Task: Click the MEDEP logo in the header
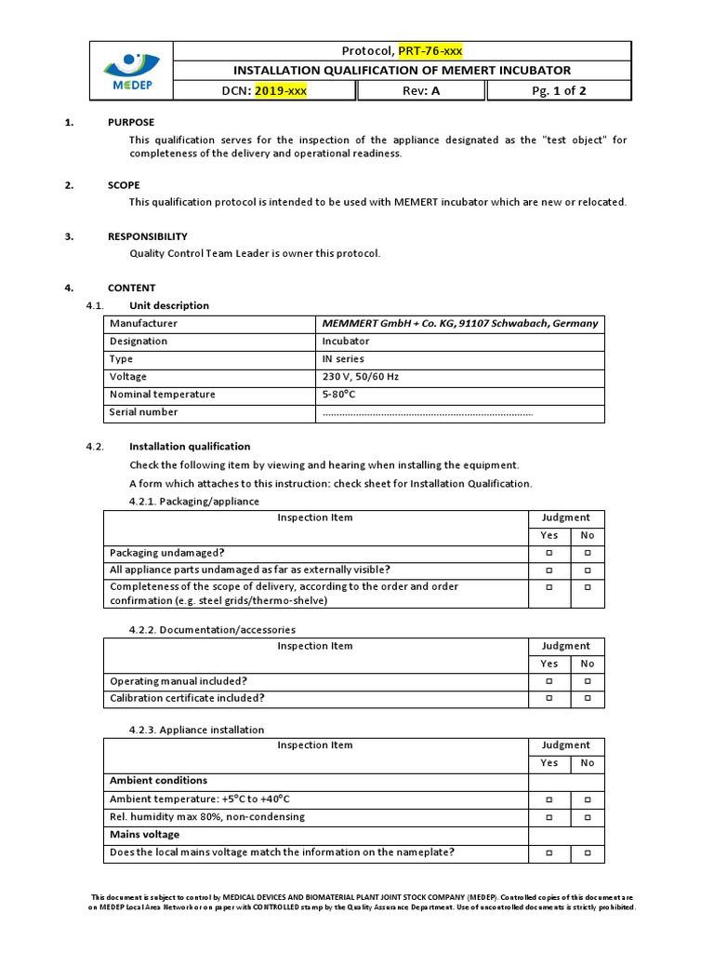131,71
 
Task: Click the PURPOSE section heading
131,123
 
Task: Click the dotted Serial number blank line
428,412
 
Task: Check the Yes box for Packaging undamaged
549,553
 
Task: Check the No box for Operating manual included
588,681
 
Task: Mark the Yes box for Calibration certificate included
549,698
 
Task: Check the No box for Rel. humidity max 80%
588,817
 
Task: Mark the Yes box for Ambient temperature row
549,799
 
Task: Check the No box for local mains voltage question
588,852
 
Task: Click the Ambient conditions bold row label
158,781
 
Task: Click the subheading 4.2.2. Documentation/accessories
212,629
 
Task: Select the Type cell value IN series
343,359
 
